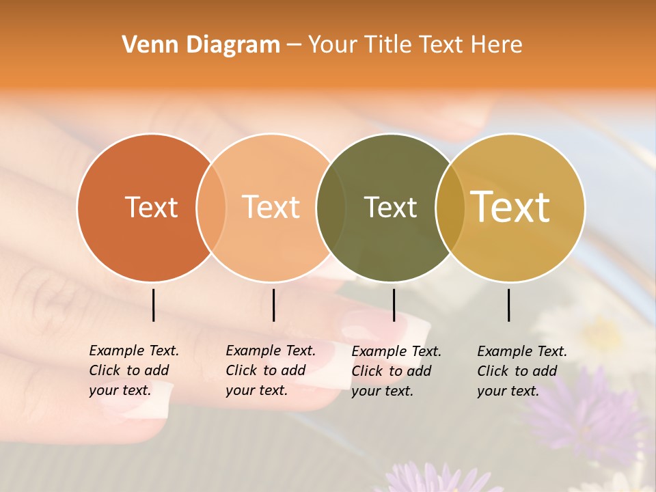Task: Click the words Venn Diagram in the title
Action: (x=201, y=45)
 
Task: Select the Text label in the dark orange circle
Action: (x=151, y=207)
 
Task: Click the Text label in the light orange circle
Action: (x=271, y=207)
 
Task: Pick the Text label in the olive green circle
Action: (x=390, y=207)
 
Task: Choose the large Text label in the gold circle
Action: (x=510, y=207)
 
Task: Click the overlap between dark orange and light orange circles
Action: (x=211, y=207)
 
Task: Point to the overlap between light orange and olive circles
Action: (x=331, y=207)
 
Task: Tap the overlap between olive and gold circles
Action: (x=450, y=207)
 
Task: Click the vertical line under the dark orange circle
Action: (x=153, y=305)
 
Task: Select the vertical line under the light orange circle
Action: (x=273, y=305)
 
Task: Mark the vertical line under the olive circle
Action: (x=394, y=305)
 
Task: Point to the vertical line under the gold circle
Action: (x=509, y=305)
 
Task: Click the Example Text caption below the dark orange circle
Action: (x=133, y=370)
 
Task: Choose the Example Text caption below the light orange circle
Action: (x=270, y=370)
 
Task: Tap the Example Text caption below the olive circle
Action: (x=396, y=371)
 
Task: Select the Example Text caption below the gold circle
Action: (x=522, y=371)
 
